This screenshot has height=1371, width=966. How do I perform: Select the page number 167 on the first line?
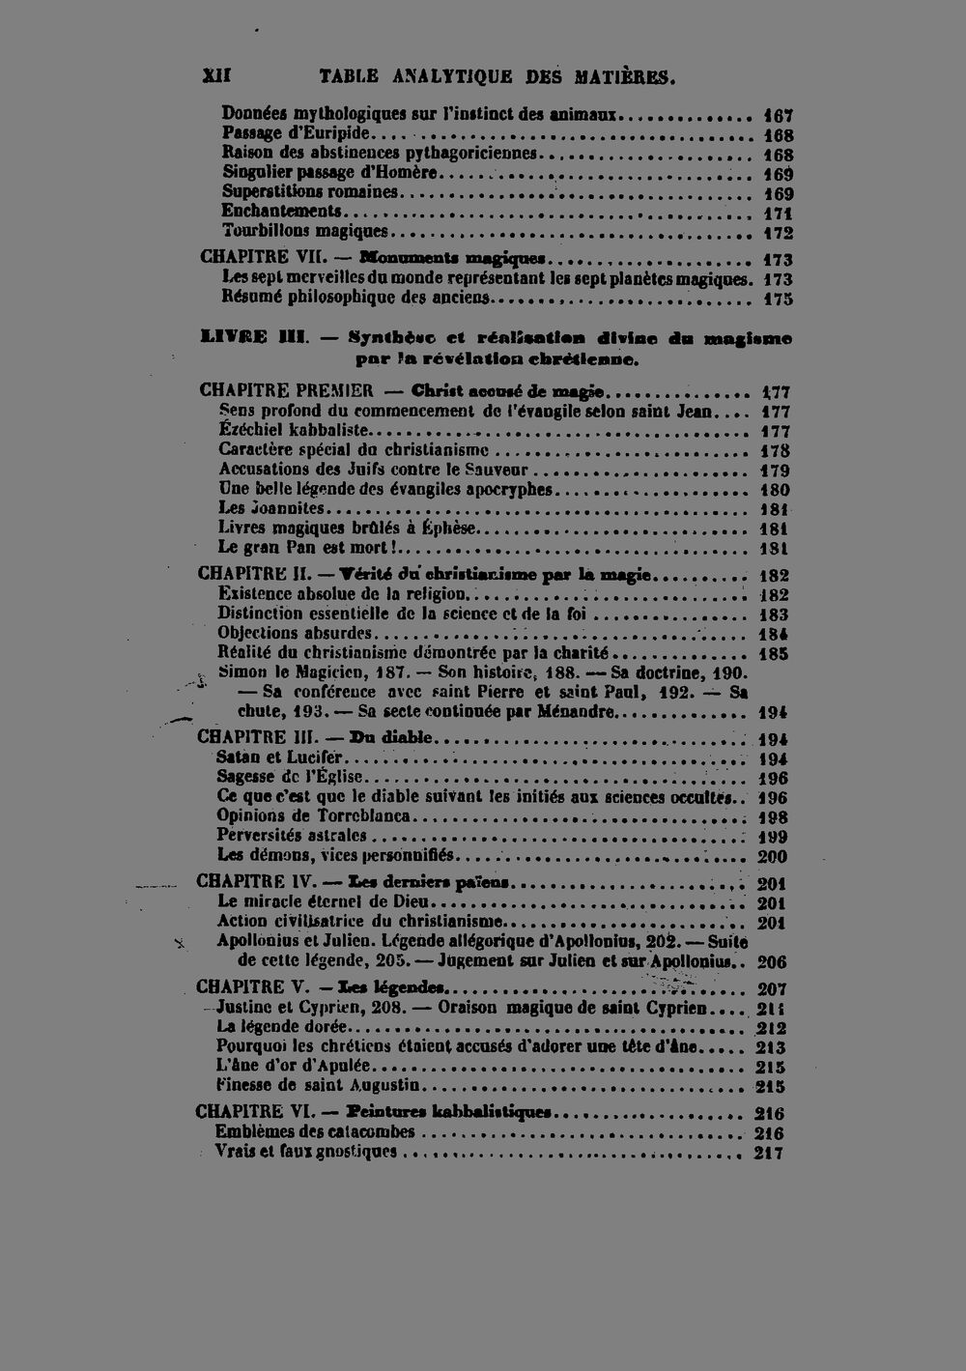[x=778, y=116]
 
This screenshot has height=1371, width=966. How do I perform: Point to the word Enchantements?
[x=281, y=212]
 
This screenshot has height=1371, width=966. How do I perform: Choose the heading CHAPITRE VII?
[x=258, y=258]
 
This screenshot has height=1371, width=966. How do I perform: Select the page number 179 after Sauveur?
[x=775, y=471]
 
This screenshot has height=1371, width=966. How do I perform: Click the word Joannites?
[x=287, y=509]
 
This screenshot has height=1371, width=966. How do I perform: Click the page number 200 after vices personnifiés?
[x=772, y=856]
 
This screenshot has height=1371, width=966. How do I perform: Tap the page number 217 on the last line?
[x=769, y=1153]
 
